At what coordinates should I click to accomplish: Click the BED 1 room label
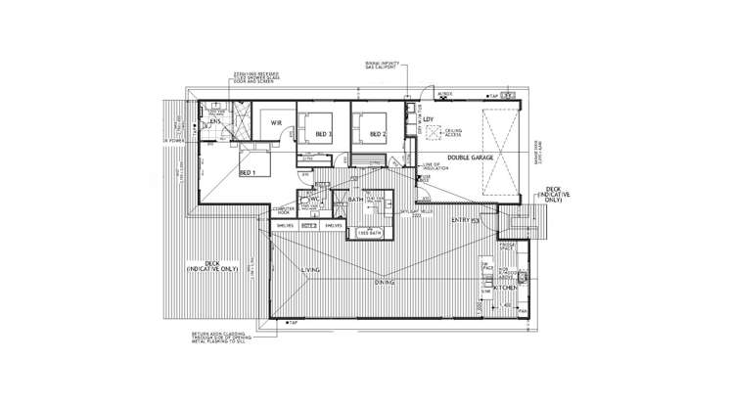coord(247,172)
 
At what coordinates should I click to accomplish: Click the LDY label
coord(428,119)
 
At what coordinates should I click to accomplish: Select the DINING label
coord(384,282)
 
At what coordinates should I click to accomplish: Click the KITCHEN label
coord(506,289)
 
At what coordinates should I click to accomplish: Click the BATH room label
coord(356,200)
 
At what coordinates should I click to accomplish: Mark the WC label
coord(315,200)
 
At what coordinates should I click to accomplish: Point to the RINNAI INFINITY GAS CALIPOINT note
coord(382,67)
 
